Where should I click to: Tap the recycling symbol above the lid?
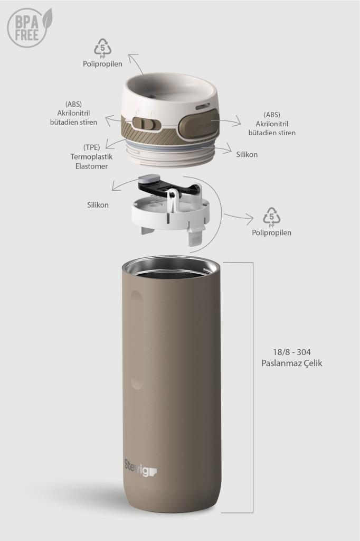tap(103, 48)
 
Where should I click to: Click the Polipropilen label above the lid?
tap(102, 64)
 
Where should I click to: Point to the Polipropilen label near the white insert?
tap(271, 232)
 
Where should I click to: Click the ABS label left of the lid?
tap(73, 113)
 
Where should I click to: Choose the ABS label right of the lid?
tap(272, 124)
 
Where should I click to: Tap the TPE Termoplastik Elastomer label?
tap(92, 156)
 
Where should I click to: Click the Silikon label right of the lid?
tap(247, 154)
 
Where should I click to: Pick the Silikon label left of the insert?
tap(98, 205)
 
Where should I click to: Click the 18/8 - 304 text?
tap(292, 352)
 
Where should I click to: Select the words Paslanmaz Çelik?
tap(292, 363)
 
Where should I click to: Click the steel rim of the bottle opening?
tap(171, 266)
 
